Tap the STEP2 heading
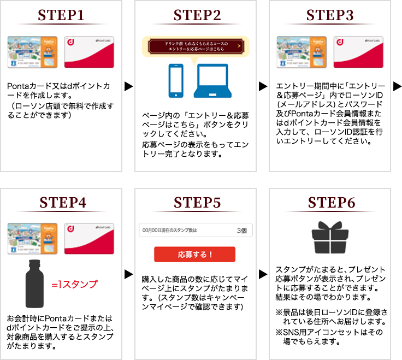(197, 15)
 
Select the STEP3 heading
(331, 15)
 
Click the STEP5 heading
(197, 202)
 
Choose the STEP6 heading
(331, 202)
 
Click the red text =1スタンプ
(74, 285)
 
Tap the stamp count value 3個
(242, 231)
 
